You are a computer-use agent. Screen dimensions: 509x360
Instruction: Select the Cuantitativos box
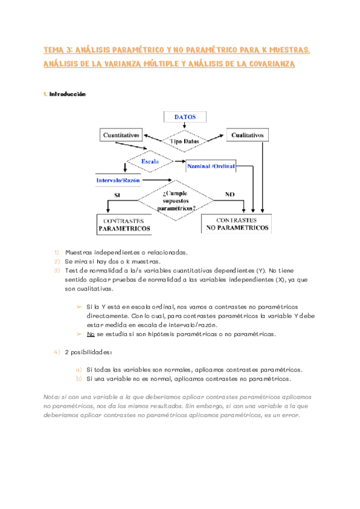pos(122,136)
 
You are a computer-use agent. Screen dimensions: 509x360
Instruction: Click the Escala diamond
pos(149,162)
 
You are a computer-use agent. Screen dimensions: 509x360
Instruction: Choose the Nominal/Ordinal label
pos(211,165)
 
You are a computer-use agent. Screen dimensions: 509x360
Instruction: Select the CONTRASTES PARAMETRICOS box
pos(125,224)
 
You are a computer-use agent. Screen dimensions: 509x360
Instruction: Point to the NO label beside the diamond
pos(230,194)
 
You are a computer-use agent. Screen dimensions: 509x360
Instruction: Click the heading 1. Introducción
pos(67,94)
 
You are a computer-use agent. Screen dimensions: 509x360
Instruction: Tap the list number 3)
pos(56,271)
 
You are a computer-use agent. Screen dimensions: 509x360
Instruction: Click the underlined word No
pos(91,334)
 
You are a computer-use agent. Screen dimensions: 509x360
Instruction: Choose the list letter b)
pos(79,379)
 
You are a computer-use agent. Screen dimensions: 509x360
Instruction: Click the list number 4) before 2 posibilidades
pos(56,352)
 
